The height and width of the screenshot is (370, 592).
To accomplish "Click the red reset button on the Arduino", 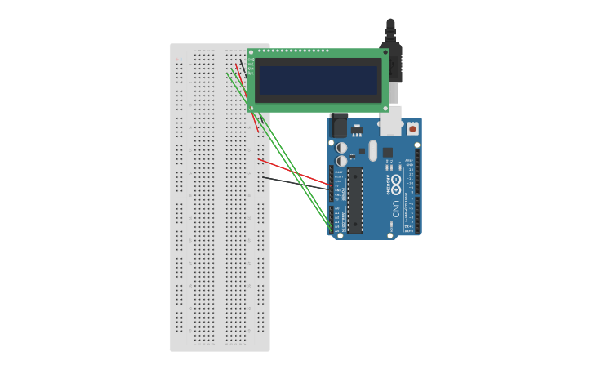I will pyautogui.click(x=412, y=129).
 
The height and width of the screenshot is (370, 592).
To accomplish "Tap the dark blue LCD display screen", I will pyautogui.click(x=318, y=81).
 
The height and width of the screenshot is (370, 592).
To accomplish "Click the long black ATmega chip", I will pyautogui.click(x=355, y=200).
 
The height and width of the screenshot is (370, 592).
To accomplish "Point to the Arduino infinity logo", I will pyautogui.click(x=396, y=181).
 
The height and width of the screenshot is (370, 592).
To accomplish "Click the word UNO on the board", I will pyautogui.click(x=396, y=205).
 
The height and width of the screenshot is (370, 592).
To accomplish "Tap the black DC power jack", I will pyautogui.click(x=339, y=126).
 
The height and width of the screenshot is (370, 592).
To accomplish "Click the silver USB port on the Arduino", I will pyautogui.click(x=390, y=120).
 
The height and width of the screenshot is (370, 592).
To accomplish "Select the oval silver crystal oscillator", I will pyautogui.click(x=373, y=150).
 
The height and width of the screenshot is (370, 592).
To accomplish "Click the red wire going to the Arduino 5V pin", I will pyautogui.click(x=294, y=172).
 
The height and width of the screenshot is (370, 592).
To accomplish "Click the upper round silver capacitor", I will pyautogui.click(x=341, y=148).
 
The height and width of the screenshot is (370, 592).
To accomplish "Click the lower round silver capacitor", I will pyautogui.click(x=341, y=161).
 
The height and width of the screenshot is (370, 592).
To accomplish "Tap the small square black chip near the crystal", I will pyautogui.click(x=388, y=152).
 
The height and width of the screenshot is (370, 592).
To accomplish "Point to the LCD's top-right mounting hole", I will pyautogui.click(x=385, y=53).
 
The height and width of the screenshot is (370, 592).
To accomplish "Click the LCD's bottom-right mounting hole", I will pyautogui.click(x=385, y=107).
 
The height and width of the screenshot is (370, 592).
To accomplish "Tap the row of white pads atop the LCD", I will pyautogui.click(x=294, y=51).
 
